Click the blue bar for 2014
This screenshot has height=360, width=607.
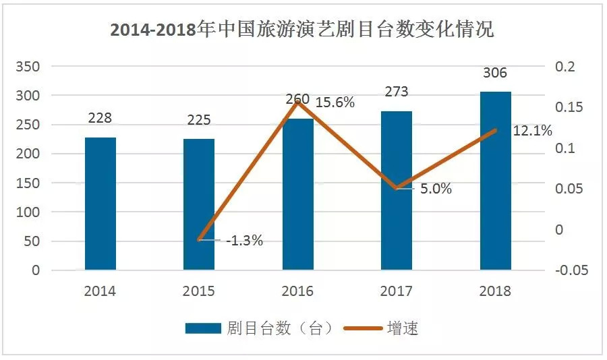[100, 204]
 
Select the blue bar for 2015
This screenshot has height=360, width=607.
[199, 205]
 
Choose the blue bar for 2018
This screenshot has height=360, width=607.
[495, 181]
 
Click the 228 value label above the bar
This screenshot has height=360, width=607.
[100, 117]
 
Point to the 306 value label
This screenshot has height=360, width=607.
[495, 73]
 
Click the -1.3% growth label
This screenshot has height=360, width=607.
[244, 240]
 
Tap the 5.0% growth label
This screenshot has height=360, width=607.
[436, 189]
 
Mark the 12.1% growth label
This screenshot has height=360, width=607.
[532, 130]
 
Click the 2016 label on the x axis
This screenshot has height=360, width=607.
[297, 292]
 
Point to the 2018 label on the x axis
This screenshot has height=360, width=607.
[495, 292]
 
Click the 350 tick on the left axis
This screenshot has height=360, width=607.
[30, 67]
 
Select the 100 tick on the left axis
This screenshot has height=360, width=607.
[30, 212]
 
